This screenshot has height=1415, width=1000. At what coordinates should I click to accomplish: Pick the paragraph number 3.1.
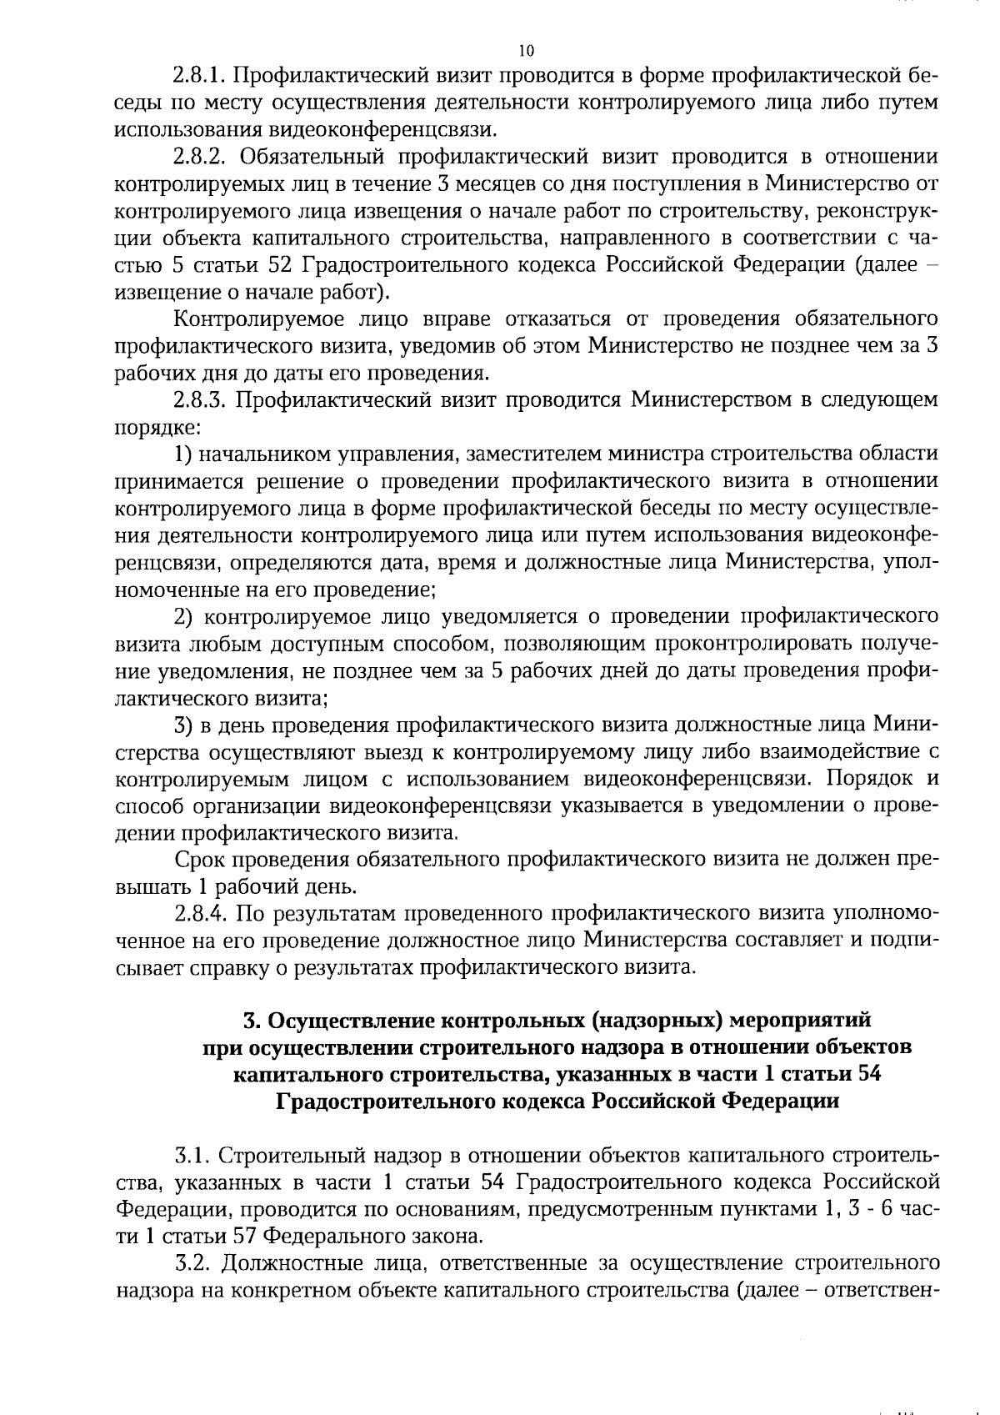190,1157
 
